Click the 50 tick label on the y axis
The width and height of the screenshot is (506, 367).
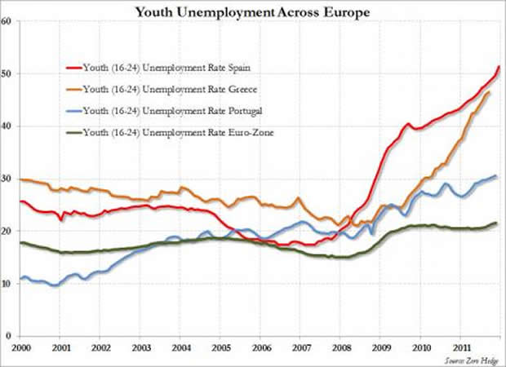[x=6, y=74]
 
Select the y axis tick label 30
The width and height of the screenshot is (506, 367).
[x=6, y=179]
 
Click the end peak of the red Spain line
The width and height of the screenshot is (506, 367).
[x=499, y=66]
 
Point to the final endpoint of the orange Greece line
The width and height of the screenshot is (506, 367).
[x=489, y=92]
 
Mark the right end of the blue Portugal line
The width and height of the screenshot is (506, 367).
[x=496, y=176]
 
